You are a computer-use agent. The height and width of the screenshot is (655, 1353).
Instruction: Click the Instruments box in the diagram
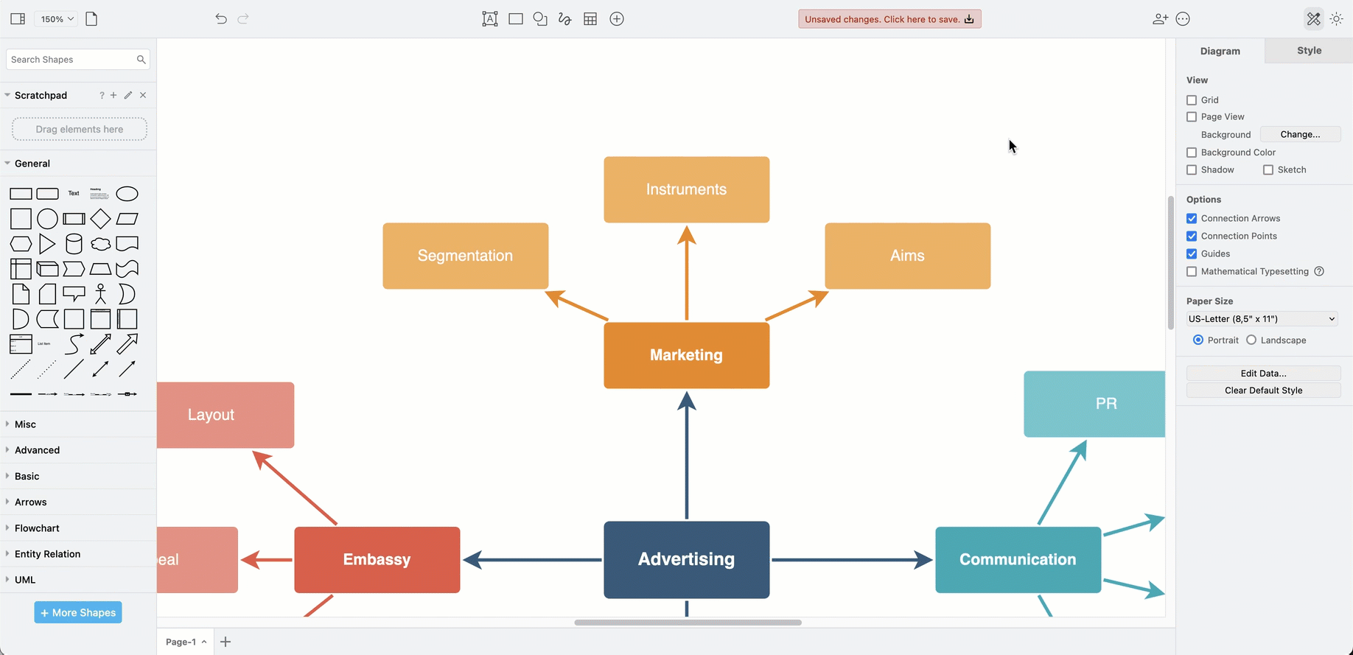pos(686,189)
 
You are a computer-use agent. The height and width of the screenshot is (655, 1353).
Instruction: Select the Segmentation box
pos(465,256)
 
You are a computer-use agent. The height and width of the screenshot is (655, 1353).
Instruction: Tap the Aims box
pos(907,256)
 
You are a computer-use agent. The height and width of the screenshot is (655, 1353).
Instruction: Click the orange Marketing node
pos(686,355)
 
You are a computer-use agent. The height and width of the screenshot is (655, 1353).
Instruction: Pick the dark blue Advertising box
pos(686,559)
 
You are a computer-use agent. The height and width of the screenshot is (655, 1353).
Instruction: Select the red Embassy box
pos(377,559)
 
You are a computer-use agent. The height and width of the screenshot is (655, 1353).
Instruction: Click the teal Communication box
pos(1018,559)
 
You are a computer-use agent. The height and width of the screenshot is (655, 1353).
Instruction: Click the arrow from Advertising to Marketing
pos(687,457)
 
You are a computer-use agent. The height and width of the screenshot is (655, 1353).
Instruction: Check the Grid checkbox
pos(1192,100)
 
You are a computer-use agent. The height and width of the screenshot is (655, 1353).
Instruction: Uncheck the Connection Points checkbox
pos(1192,237)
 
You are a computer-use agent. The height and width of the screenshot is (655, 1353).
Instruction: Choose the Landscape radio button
pos(1251,340)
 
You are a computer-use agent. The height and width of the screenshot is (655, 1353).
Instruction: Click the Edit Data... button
pos(1263,374)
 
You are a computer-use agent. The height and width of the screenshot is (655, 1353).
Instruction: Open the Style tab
pos(1309,51)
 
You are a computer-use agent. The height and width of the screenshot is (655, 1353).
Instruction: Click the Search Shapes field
pos(71,60)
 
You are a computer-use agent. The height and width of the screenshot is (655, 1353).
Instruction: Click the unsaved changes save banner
pos(889,19)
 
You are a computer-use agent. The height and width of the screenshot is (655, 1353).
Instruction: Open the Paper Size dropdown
pos(1262,319)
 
